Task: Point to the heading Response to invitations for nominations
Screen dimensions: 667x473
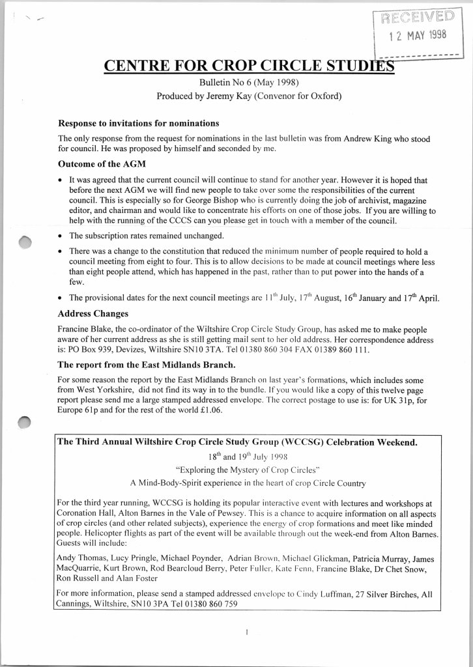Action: [x=139, y=123]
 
